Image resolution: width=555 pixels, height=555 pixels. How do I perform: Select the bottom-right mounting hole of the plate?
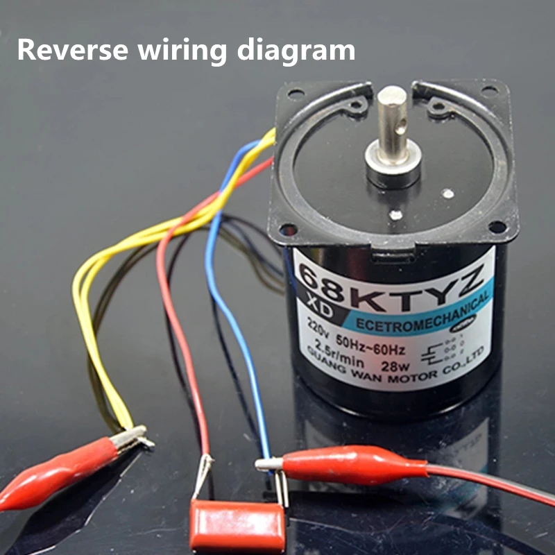pos(497,227)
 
